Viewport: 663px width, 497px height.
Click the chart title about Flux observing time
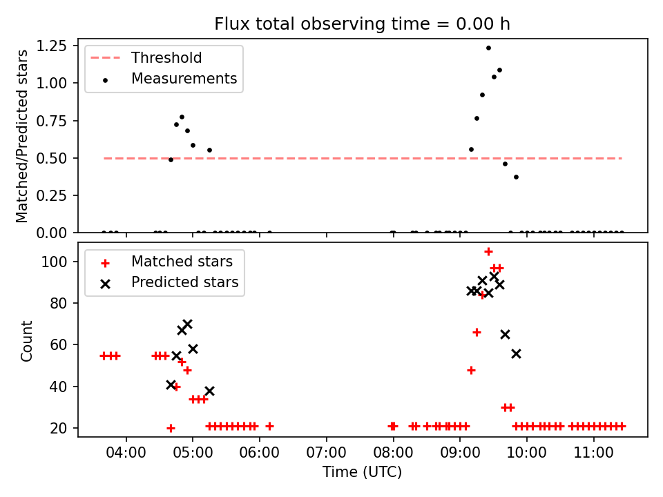362,24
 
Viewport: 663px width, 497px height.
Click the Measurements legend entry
184,79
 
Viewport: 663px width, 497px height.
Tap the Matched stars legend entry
182,262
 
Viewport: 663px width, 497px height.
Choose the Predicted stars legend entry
184,282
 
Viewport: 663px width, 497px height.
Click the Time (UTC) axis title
362,472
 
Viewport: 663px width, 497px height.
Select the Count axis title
27,340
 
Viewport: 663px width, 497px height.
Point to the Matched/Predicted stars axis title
23,136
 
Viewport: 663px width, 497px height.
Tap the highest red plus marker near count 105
488,252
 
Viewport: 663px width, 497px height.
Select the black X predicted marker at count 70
187,324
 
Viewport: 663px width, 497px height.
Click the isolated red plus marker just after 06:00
269,426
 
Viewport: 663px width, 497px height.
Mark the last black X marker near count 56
516,353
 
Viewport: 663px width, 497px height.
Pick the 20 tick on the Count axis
60,428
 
